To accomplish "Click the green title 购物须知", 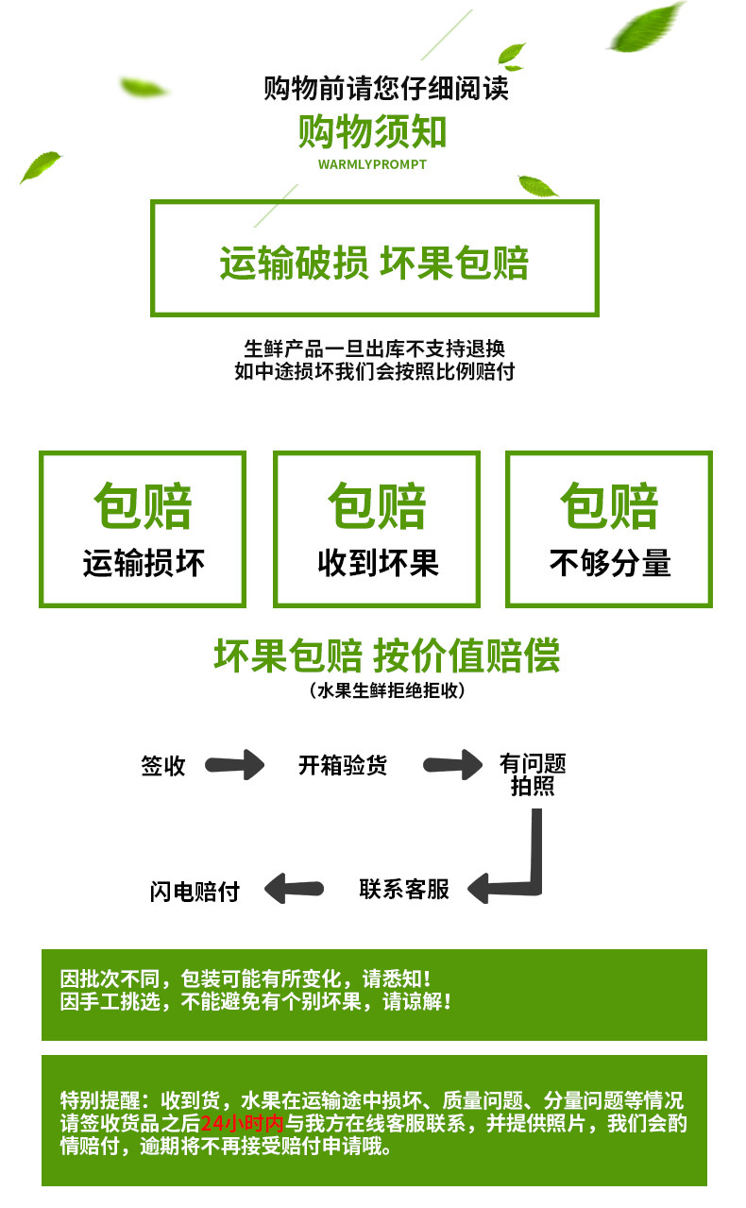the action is point(372,131).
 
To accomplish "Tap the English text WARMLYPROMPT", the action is point(372,164).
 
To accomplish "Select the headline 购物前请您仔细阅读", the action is point(386,88).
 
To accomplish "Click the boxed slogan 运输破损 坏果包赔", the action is point(374,263).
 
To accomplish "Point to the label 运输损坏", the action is point(144,563).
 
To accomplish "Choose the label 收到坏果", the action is point(379,563).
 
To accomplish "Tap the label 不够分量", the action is point(610,563).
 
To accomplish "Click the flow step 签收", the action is point(163,766).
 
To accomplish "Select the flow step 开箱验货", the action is point(343,765).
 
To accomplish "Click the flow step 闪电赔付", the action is point(195,892).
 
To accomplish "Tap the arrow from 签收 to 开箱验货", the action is point(235,765).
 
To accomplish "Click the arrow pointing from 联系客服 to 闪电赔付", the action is point(295,889).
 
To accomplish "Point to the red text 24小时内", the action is point(242,1123).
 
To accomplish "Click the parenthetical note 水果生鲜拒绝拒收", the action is point(387,690).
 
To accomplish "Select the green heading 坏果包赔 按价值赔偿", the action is point(387,655).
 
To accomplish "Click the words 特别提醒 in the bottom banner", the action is point(101,1100).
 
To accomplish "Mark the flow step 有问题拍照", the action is point(533,775).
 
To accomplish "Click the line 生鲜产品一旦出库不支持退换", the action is point(375,349).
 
